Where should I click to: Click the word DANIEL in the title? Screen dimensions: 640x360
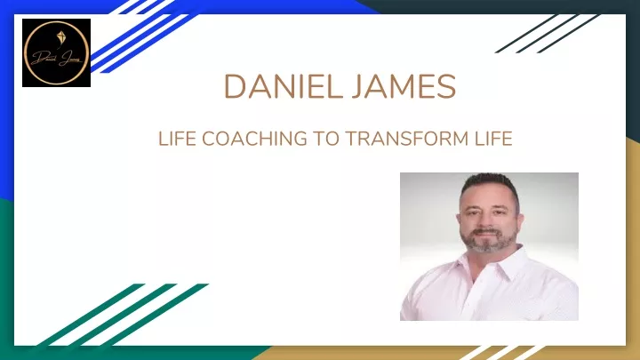(284, 86)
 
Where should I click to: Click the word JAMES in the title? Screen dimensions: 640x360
(404, 86)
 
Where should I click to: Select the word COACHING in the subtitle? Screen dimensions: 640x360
(254, 139)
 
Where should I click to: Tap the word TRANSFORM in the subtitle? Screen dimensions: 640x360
(407, 139)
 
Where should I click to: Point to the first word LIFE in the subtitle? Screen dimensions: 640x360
(177, 139)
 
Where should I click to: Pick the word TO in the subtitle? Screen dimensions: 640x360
(325, 139)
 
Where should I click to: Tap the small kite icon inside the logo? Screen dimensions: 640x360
(60, 39)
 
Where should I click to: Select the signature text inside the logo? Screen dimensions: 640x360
(56, 59)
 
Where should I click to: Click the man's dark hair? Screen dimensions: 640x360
(491, 184)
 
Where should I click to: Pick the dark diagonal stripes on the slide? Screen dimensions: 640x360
(548, 34)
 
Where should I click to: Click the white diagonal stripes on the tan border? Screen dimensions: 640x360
(501, 353)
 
